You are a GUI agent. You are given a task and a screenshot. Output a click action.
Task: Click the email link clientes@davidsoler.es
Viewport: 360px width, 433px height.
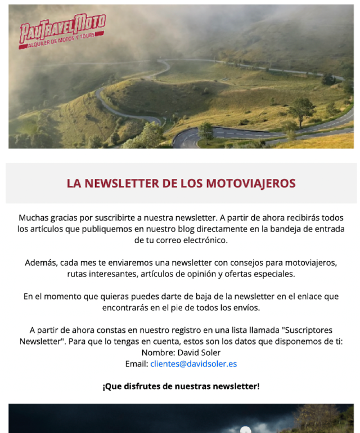(x=193, y=364)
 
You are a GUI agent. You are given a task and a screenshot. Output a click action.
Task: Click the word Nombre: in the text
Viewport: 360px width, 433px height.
(x=158, y=352)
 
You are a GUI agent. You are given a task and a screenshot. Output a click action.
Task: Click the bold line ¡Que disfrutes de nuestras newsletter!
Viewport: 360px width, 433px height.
(x=181, y=386)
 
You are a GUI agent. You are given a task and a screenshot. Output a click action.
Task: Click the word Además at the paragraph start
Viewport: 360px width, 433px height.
(x=41, y=263)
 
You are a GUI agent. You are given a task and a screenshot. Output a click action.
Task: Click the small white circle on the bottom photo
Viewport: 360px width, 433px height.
(x=245, y=431)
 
